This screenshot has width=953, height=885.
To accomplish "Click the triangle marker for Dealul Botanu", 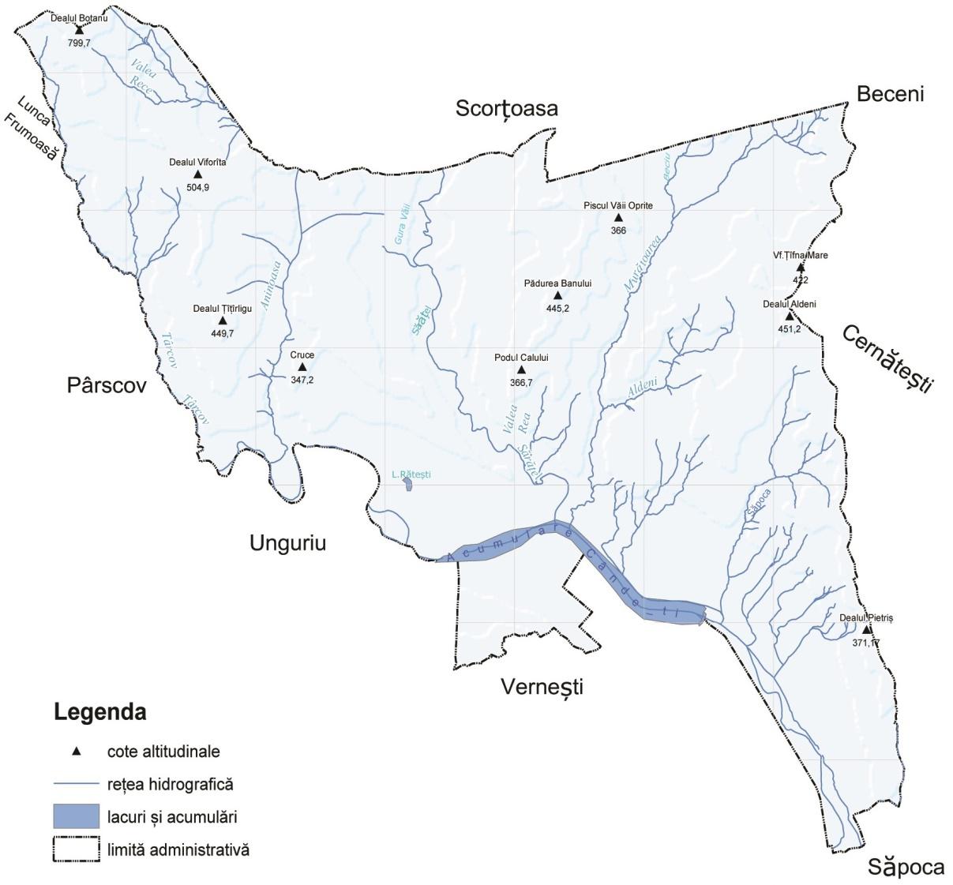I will pos(79,30).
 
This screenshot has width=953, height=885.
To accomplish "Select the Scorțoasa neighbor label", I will pos(506,108).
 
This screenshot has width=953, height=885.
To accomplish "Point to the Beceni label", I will pos(890,94).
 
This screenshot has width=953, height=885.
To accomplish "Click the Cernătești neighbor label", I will pos(887,358).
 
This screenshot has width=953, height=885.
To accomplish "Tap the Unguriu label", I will pos(287,543).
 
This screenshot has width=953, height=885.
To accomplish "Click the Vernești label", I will pos(542,687).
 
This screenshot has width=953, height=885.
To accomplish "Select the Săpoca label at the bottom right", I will pos(906,867).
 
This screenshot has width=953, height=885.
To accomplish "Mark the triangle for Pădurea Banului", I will pos(557,295).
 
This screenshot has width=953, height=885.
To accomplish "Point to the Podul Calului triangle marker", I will pos(521,369).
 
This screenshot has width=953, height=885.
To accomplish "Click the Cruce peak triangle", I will pos(302,367).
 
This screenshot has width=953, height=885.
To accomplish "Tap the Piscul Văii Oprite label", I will pos(618,205).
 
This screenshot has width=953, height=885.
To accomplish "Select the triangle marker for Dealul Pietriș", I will pos(866,629).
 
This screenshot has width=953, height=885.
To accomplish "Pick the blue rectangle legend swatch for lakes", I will pos(76,817).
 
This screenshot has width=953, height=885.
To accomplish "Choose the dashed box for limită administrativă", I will pos(76,850).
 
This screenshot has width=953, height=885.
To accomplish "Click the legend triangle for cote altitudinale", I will pos(76,752).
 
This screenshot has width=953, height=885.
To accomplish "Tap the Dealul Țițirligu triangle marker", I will pos(223,321).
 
